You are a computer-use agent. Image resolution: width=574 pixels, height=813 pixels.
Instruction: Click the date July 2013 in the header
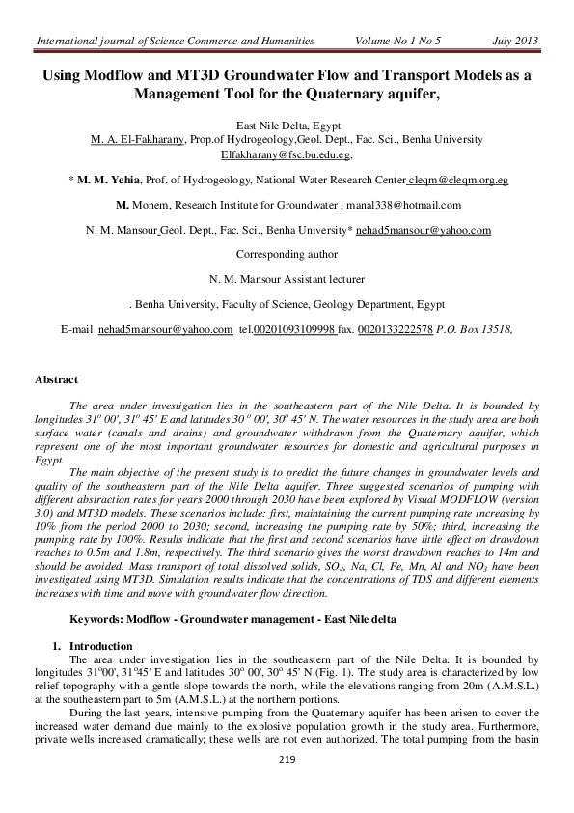515,41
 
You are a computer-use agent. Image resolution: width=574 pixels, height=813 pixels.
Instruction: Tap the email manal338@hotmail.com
402,205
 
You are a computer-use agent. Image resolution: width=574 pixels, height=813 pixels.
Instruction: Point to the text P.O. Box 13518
475,330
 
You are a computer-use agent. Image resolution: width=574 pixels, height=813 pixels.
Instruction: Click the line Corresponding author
287,255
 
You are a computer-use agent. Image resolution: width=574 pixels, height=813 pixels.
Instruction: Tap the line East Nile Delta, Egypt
287,126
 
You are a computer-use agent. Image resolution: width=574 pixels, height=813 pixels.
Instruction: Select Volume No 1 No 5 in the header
397,41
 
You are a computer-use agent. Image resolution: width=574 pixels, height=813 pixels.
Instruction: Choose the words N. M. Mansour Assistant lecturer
287,280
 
